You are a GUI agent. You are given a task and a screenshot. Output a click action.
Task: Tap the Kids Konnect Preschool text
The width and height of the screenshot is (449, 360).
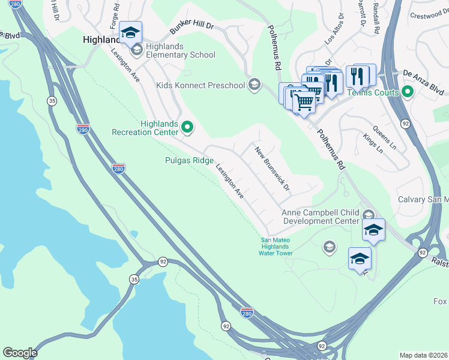(x=200, y=85)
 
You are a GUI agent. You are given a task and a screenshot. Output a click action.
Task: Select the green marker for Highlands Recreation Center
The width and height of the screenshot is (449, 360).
(x=187, y=127)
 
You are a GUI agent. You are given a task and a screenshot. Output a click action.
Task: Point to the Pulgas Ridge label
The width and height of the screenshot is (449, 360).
(x=189, y=160)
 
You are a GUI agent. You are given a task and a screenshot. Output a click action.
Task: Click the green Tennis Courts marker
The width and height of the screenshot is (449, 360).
(x=408, y=92)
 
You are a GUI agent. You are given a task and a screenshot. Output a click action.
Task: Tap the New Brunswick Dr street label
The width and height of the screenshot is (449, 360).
(x=272, y=169)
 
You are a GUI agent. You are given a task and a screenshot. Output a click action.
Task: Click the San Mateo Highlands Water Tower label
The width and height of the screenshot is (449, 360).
(x=276, y=247)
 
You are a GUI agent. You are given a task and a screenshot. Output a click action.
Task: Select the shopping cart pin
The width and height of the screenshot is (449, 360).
(x=304, y=103)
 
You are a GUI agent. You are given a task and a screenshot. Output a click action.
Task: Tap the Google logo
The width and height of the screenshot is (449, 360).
(x=20, y=353)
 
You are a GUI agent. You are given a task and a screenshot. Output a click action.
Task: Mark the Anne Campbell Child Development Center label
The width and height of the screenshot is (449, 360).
(x=321, y=217)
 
